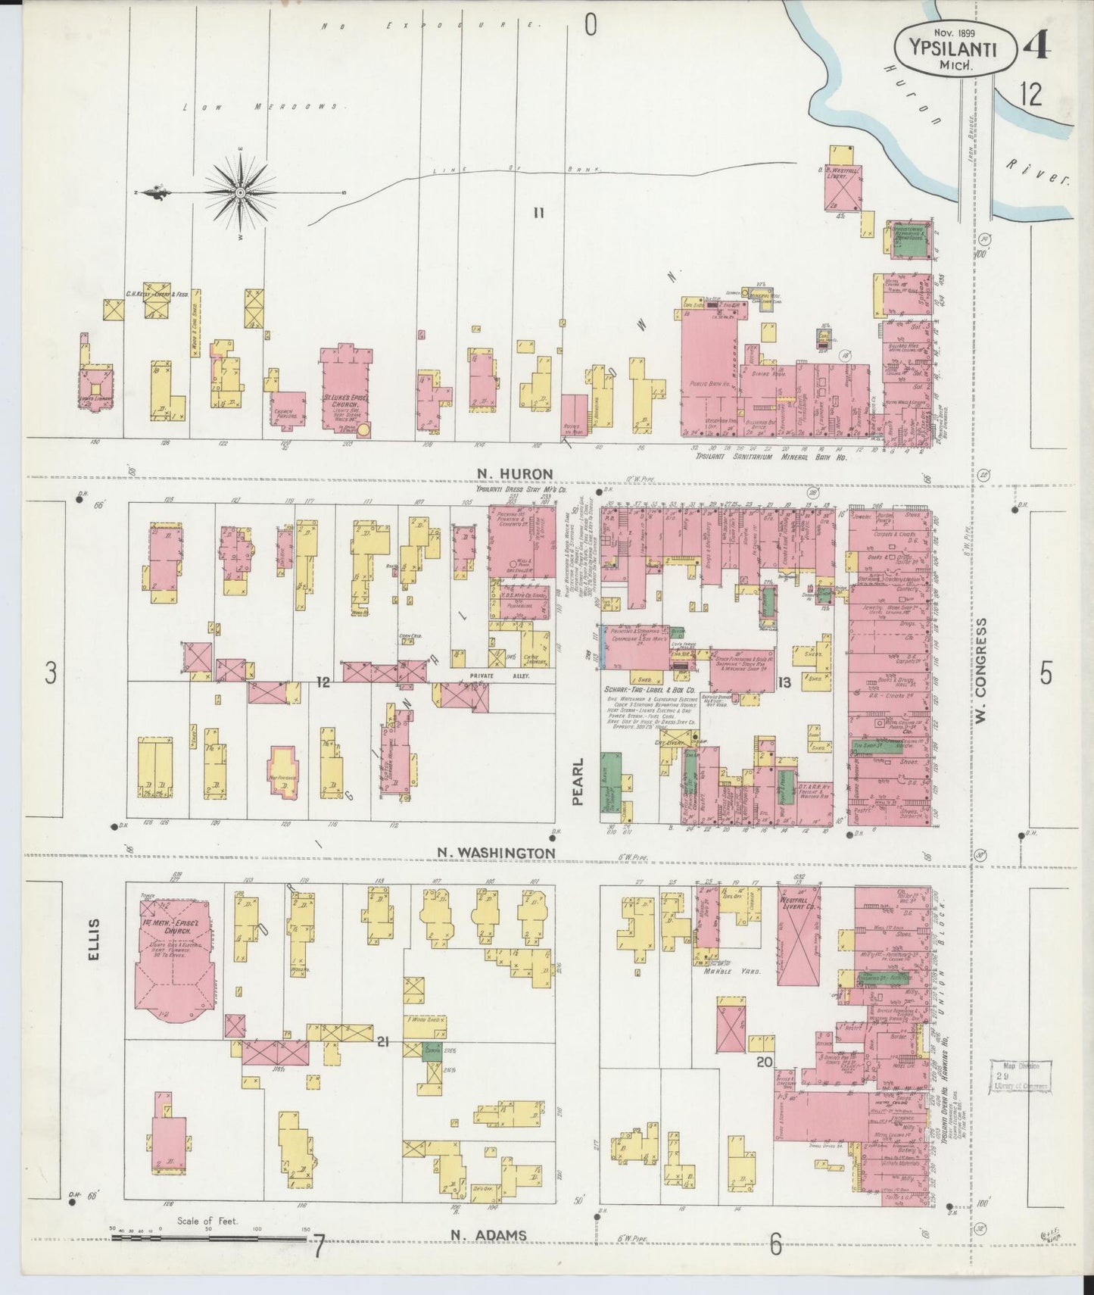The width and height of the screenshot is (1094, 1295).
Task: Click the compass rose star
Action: point(240,192)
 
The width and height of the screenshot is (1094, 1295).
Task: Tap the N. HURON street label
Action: point(515,474)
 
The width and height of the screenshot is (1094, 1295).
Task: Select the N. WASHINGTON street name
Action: point(497,853)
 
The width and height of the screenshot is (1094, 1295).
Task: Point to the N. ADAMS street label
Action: point(488,1235)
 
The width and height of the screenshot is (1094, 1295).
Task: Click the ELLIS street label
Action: point(93,940)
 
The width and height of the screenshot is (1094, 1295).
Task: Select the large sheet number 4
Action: point(1035,47)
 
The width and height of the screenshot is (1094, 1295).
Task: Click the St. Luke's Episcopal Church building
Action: point(346,389)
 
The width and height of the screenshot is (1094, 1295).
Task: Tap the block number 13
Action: point(783,682)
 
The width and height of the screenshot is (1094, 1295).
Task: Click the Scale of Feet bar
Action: point(208,1238)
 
